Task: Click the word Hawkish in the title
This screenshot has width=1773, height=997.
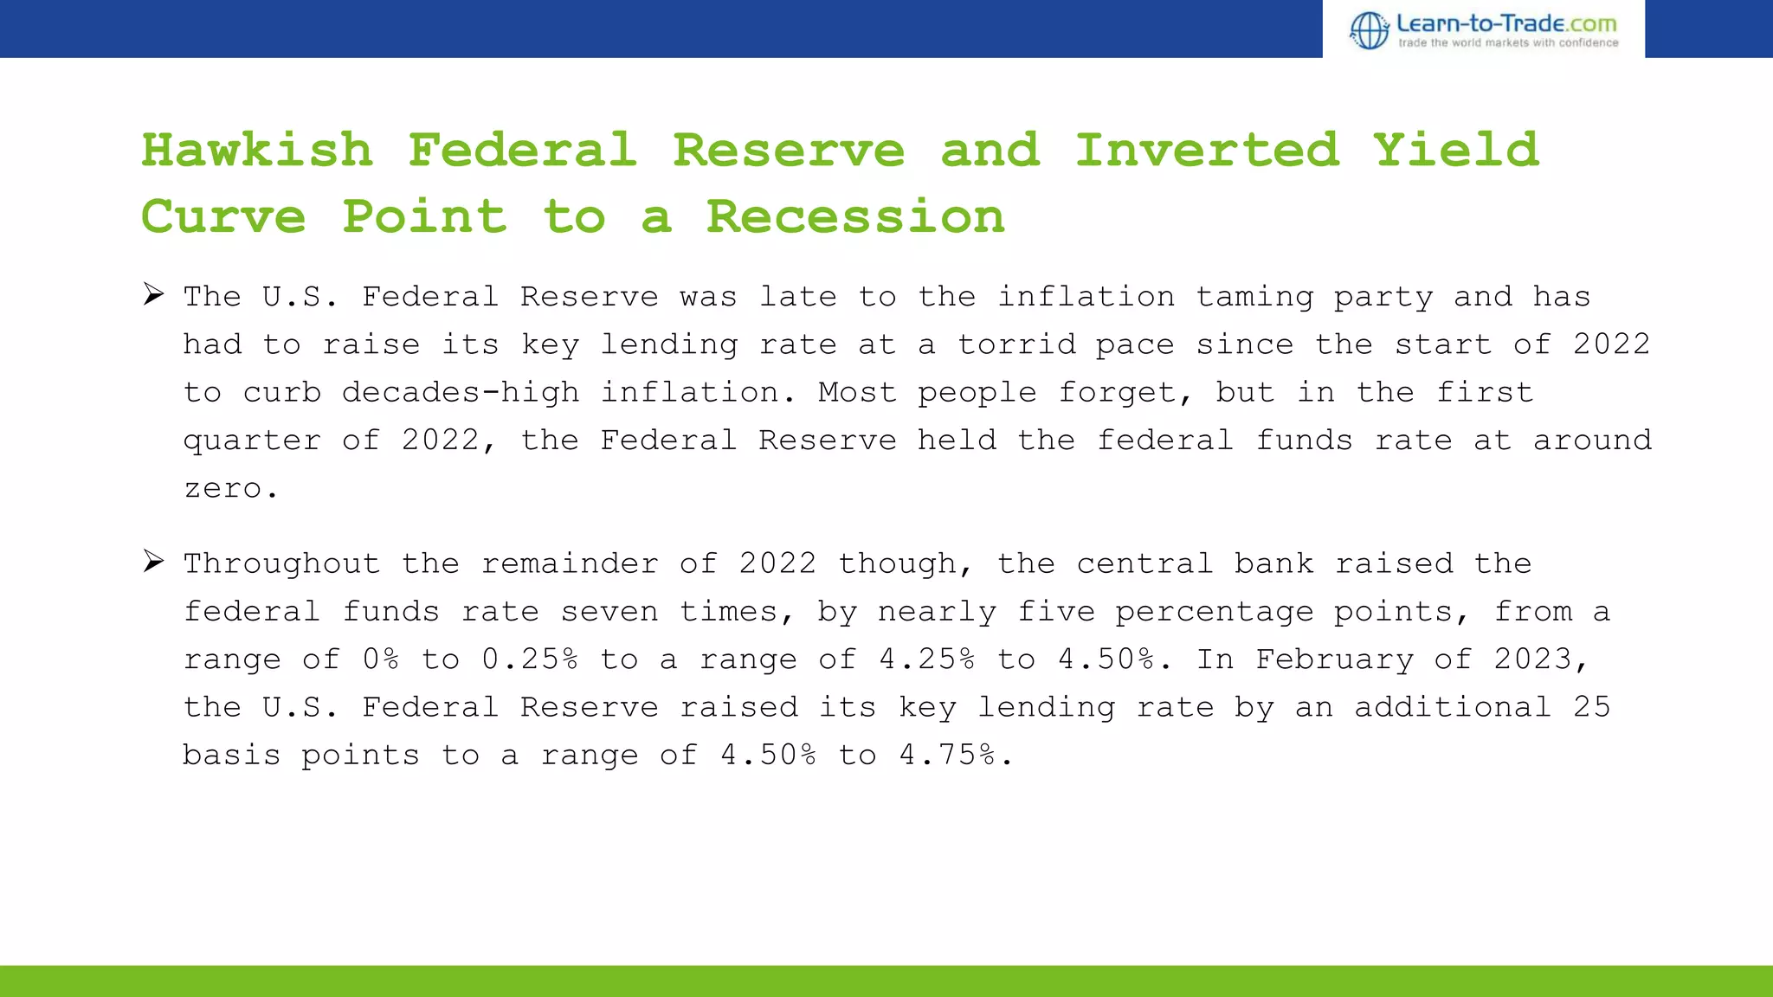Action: pos(257,151)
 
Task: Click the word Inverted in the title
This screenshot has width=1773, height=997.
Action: pos(1207,151)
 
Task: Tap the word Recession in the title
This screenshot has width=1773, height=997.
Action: pos(855,216)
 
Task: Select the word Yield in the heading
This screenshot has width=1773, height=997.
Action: pos(1456,151)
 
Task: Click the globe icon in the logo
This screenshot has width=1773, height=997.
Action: pos(1370,30)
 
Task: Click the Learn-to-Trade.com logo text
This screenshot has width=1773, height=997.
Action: pos(1506,23)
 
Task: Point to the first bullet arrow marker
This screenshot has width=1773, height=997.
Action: pos(154,295)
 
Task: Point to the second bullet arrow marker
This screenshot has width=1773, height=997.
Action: pos(154,562)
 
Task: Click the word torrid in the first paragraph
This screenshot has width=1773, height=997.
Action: pos(1016,344)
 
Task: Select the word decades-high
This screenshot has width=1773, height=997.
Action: pos(461,393)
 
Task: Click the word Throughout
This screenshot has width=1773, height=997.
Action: pos(281,564)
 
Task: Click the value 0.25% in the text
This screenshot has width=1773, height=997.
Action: pos(529,659)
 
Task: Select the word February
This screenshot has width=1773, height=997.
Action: pos(1334,659)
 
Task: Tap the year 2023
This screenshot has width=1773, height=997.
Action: pos(1533,659)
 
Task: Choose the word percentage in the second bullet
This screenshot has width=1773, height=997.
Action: pos(1214,612)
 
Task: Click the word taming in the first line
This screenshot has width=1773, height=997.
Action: pos(1254,297)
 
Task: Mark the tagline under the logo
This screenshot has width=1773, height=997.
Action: pos(1508,42)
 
